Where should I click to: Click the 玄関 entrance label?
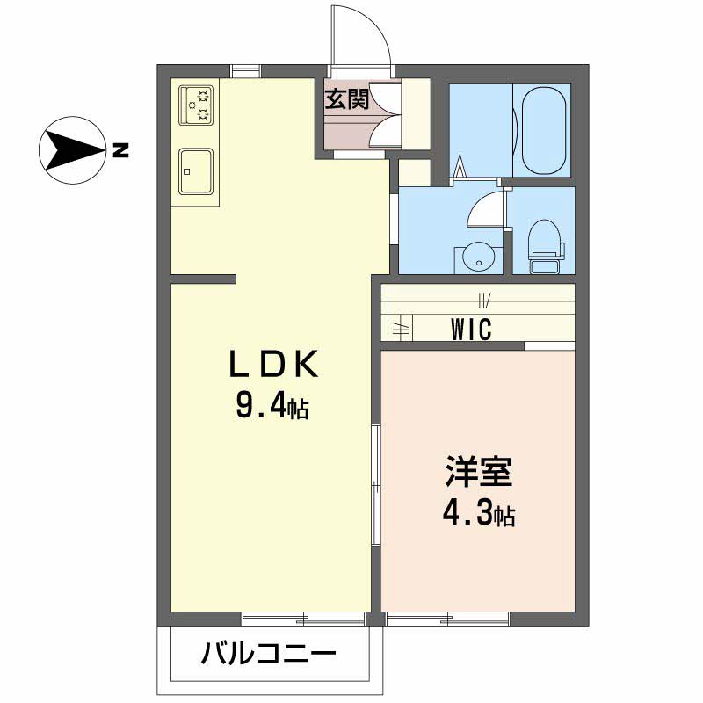(x=347, y=98)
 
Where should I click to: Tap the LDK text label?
(x=272, y=363)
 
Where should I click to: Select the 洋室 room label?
(x=477, y=473)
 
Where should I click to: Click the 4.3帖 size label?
(x=477, y=515)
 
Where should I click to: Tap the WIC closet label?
(x=471, y=329)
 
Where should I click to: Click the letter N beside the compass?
(x=120, y=150)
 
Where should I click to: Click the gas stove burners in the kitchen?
(x=197, y=104)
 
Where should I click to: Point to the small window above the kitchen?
(x=246, y=70)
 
